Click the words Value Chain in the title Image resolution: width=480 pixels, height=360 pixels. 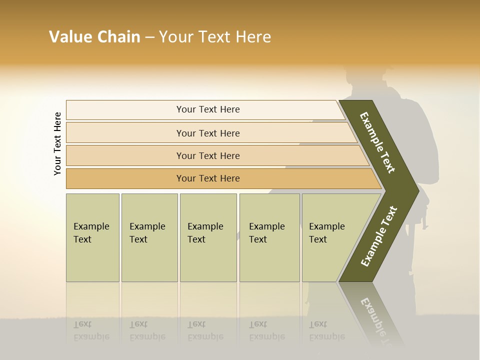pyautogui.click(x=94, y=37)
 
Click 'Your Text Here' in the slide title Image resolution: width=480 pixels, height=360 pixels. pyautogui.click(x=215, y=37)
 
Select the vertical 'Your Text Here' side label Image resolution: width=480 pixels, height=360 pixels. pyautogui.click(x=57, y=144)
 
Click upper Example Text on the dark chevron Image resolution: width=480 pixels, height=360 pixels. pyautogui.click(x=378, y=142)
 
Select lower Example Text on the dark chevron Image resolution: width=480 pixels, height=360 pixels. pyautogui.click(x=379, y=236)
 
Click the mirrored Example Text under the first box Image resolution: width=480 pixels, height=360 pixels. pyautogui.click(x=91, y=330)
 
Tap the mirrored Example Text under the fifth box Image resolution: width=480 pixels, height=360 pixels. pyautogui.click(x=327, y=330)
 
